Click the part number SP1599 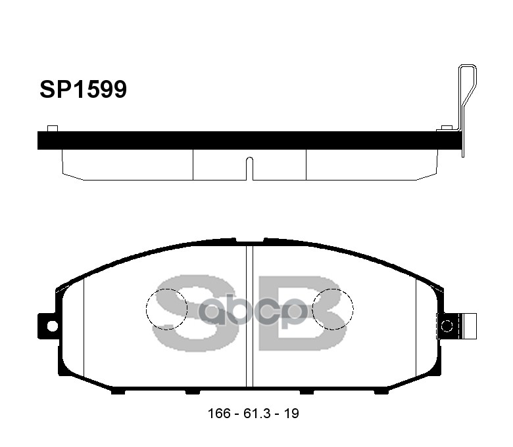pyautogui.click(x=83, y=89)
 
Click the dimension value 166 pyautogui.click(x=218, y=414)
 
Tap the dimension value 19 pyautogui.click(x=293, y=414)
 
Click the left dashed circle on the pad pyautogui.click(x=166, y=309)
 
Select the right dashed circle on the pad pyautogui.click(x=333, y=309)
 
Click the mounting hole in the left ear pyautogui.click(x=51, y=324)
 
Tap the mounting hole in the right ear pyautogui.click(x=447, y=326)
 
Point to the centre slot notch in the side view pyautogui.click(x=249, y=167)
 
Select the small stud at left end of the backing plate pyautogui.click(x=53, y=127)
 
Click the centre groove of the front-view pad pyautogui.click(x=249, y=315)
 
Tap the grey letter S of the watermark pyautogui.click(x=181, y=309)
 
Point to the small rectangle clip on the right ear pyautogui.click(x=468, y=325)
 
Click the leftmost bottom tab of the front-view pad pyautogui.click(x=118, y=392)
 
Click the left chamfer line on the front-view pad pyautogui.click(x=84, y=331)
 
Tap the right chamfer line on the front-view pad pyautogui.click(x=416, y=331)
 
